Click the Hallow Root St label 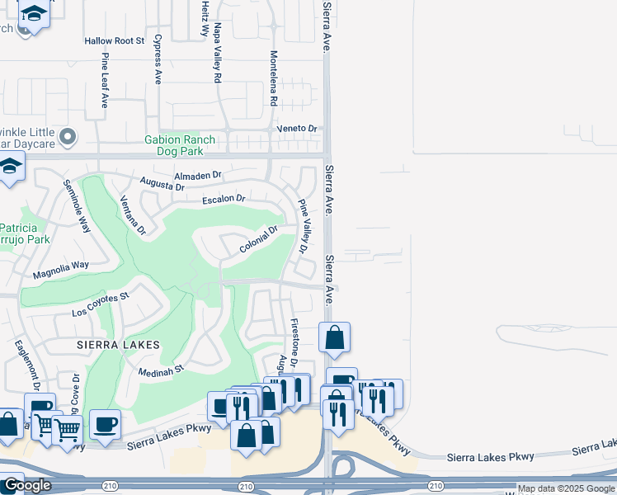[114, 40]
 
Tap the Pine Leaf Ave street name [106, 80]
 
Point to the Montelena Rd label [273, 78]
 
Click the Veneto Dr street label [302, 129]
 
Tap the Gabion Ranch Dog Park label [180, 144]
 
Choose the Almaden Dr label [199, 175]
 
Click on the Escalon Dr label [224, 199]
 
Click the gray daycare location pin [68, 136]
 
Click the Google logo [26, 485]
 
